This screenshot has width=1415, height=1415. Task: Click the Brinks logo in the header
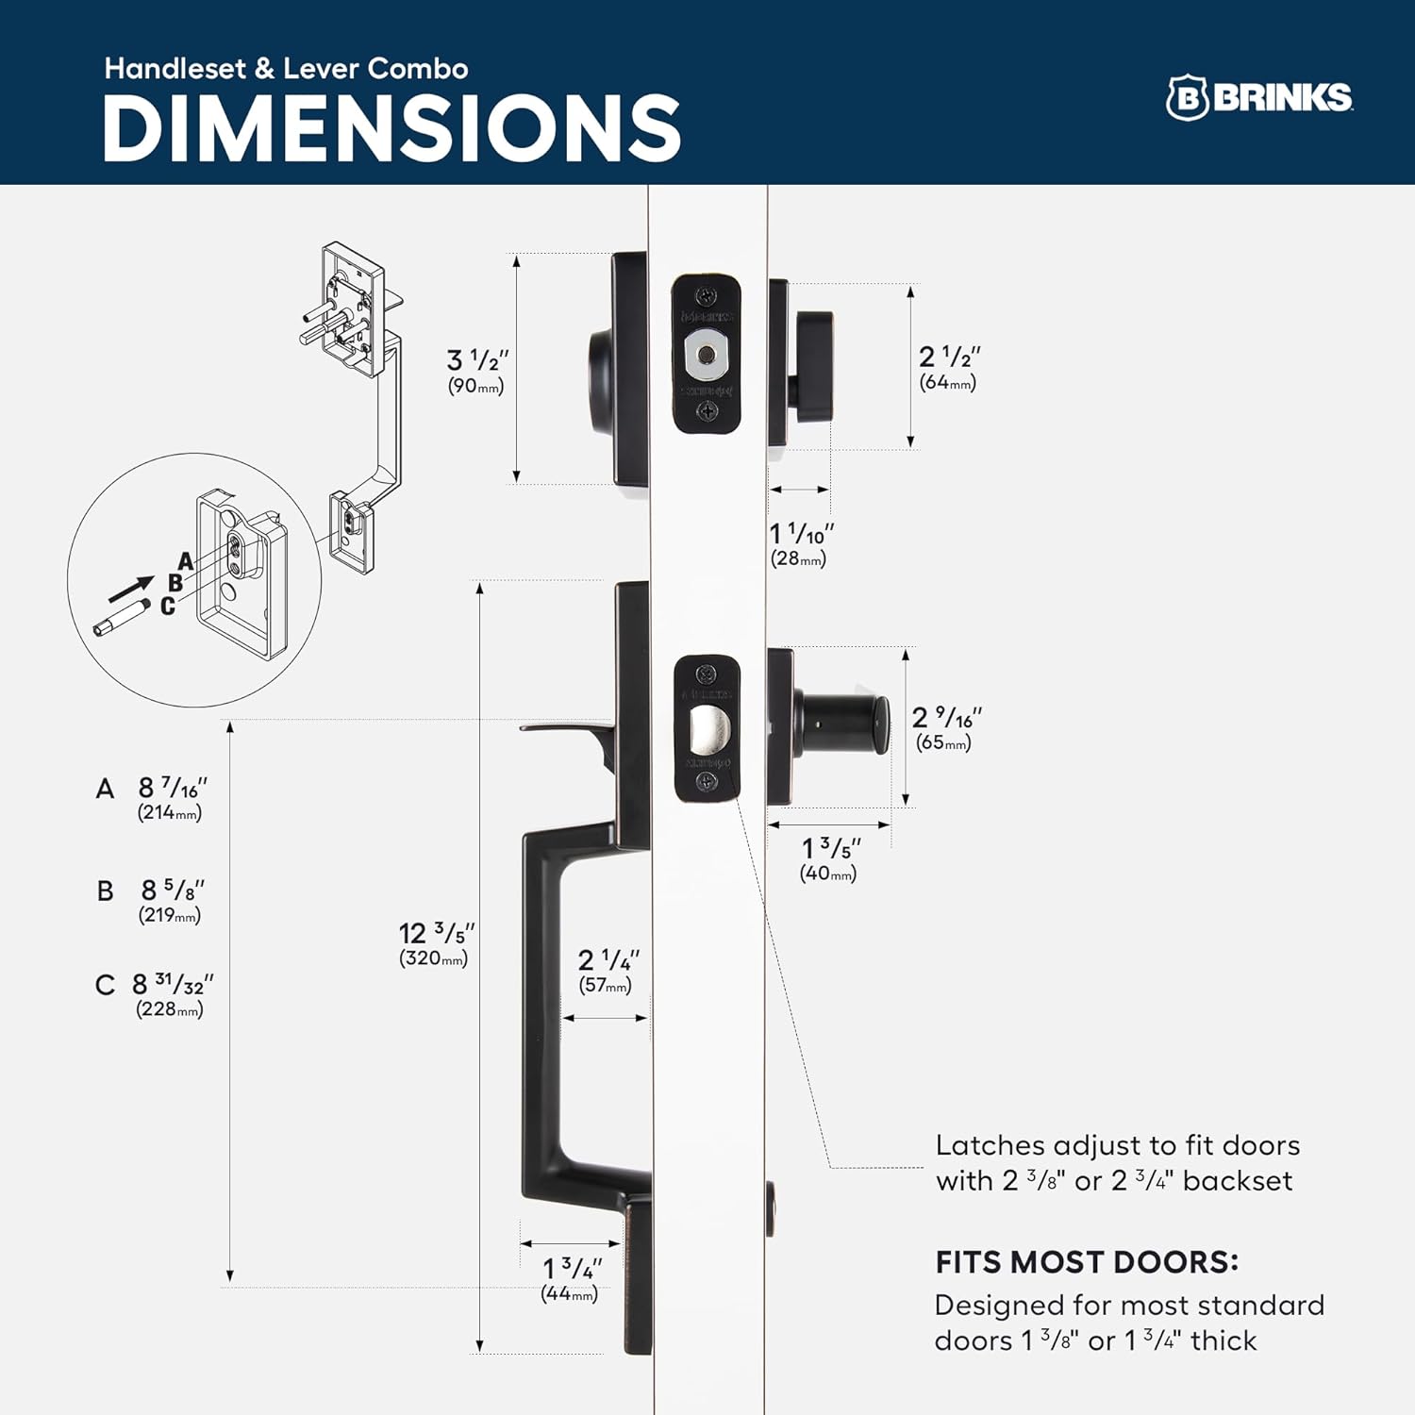pyautogui.click(x=1259, y=97)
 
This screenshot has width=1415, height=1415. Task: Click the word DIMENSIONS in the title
pyautogui.click(x=391, y=129)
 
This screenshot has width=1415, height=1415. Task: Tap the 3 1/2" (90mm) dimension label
pyautogui.click(x=476, y=371)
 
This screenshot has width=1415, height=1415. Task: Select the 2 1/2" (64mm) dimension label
pyautogui.click(x=949, y=368)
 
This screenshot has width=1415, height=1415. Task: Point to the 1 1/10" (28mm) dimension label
pyautogui.click(x=801, y=544)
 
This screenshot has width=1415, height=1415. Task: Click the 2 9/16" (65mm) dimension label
pyautogui.click(x=946, y=727)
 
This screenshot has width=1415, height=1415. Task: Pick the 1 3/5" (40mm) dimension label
pyautogui.click(x=829, y=858)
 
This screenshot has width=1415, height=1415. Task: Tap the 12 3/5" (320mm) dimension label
pyautogui.click(x=435, y=944)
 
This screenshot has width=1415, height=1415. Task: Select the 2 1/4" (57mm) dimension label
pyautogui.click(x=607, y=971)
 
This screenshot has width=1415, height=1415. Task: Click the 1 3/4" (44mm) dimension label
pyautogui.click(x=571, y=1279)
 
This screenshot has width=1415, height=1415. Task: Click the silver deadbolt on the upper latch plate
pyautogui.click(x=706, y=355)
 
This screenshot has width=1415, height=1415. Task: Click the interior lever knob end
pyautogui.click(x=877, y=725)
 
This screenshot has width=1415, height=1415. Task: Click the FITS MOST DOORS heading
pyautogui.click(x=1087, y=1261)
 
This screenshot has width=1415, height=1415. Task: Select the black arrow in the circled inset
pyautogui.click(x=130, y=590)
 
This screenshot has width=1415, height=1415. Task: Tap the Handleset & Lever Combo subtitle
pyautogui.click(x=286, y=69)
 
